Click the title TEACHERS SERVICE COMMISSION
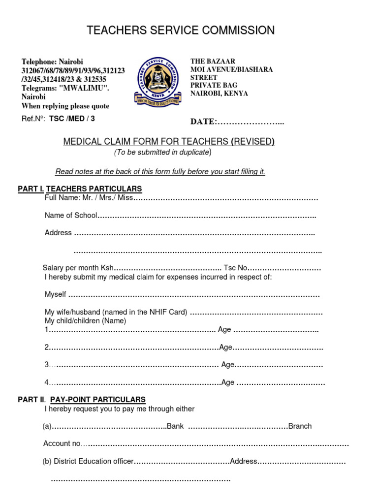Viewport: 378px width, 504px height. [x=181, y=31]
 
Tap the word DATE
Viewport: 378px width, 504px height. [x=202, y=122]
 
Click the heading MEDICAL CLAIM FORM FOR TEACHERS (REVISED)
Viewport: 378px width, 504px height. [x=169, y=142]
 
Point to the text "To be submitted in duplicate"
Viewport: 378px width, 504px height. [x=162, y=152]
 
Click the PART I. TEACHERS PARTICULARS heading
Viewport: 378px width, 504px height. [x=80, y=189]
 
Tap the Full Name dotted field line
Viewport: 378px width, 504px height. [x=226, y=198]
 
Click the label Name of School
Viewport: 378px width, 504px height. [x=71, y=215]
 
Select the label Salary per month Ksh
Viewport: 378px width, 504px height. [x=78, y=268]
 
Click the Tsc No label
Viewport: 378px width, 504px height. [x=235, y=268]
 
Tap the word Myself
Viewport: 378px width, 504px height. [x=55, y=294]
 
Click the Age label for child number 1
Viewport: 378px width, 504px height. [x=224, y=330]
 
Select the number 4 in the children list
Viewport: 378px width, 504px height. [x=47, y=382]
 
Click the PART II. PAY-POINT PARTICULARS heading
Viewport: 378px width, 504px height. [x=82, y=399]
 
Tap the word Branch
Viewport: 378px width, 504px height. [x=300, y=426]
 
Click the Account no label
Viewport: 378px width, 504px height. [x=62, y=443]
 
